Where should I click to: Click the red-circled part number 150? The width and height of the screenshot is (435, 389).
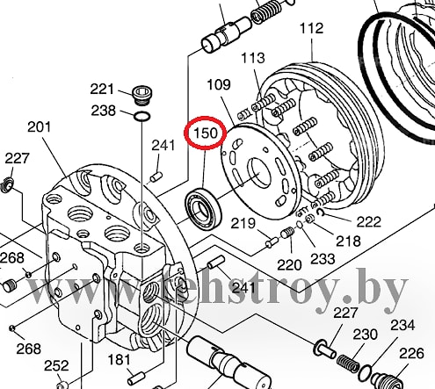[206, 133]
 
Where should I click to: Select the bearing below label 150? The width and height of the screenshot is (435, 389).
[203, 208]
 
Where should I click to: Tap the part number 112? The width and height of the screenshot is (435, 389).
[311, 28]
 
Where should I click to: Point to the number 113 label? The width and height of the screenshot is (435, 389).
[253, 58]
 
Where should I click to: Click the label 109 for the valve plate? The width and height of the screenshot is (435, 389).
[219, 85]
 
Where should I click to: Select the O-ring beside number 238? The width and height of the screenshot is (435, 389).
[142, 116]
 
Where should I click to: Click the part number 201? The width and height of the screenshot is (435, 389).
[40, 127]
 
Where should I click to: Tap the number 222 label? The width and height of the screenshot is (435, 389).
[368, 221]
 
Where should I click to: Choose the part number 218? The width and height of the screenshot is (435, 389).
[348, 241]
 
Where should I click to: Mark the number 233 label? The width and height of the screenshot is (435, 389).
[323, 259]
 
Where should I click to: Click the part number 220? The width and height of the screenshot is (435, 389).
[289, 265]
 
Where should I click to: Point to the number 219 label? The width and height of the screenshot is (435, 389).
[243, 224]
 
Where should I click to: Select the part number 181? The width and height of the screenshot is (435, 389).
[119, 360]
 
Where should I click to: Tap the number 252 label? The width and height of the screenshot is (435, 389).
[56, 366]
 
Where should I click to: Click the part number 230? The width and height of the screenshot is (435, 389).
[365, 335]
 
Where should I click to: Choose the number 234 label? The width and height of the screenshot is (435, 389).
[402, 325]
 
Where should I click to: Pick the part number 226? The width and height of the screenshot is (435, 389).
[411, 354]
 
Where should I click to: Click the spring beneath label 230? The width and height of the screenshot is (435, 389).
[348, 363]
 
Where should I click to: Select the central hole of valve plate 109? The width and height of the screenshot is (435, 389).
[259, 173]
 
